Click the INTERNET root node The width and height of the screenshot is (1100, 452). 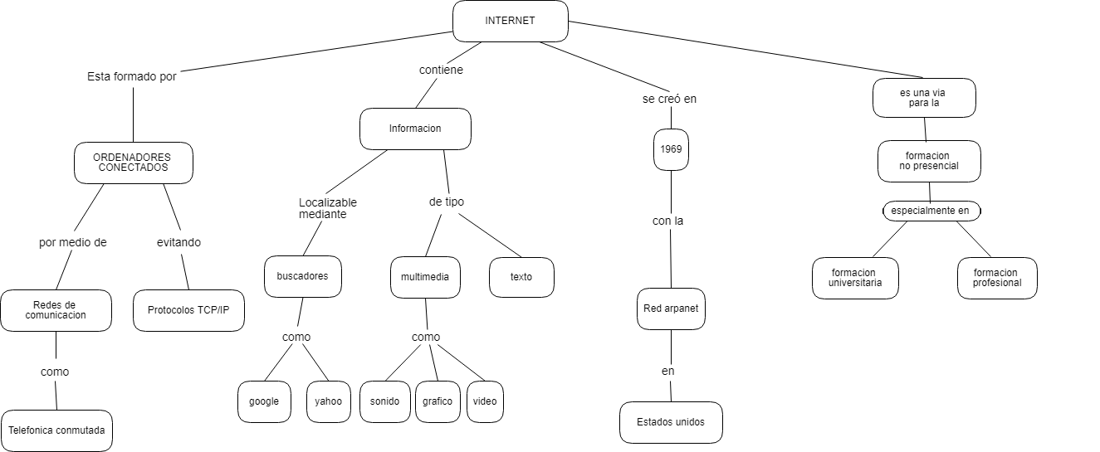coord(510,21)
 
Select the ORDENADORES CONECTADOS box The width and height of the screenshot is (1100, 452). coord(133,163)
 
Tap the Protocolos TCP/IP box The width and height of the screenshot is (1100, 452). coord(188,310)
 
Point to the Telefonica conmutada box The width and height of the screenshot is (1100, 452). coord(56,430)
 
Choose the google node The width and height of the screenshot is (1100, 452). coord(264,401)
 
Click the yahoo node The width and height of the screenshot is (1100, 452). coord(328,401)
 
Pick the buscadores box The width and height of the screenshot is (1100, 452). coord(302,276)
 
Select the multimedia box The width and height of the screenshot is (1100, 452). coord(425,277)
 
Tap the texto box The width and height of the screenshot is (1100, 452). coord(521,277)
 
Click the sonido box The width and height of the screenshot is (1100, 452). coord(384,401)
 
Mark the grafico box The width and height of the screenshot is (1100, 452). coord(438,401)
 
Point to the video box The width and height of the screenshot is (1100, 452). coord(485,401)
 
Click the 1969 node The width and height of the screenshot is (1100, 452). coord(671,149)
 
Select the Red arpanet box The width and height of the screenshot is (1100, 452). coord(671,309)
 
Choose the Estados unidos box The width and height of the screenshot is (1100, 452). coord(671,422)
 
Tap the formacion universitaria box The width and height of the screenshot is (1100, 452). coord(855,278)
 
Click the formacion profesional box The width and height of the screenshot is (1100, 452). coord(996,278)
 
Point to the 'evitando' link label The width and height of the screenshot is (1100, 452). coord(178,243)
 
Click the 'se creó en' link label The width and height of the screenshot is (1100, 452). coord(669,99)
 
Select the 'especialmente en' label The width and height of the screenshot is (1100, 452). coord(930,211)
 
